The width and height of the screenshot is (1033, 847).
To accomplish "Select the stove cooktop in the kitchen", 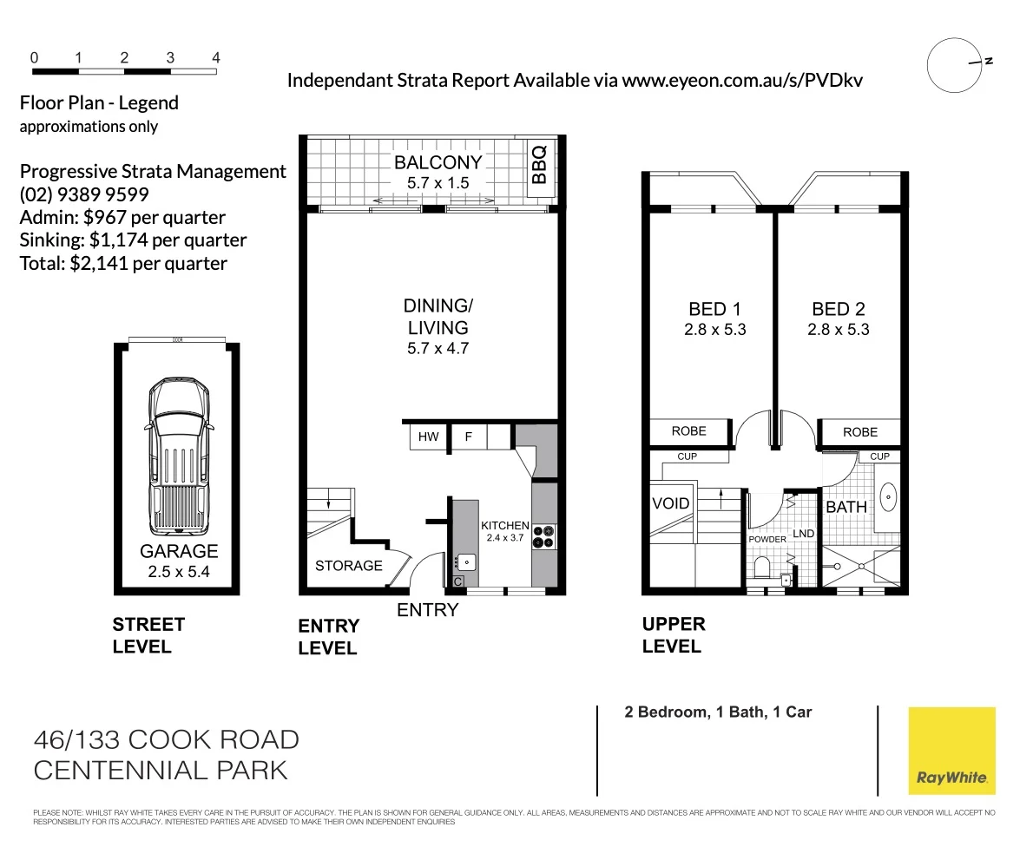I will [544, 537].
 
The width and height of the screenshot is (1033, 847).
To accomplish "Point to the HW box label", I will [429, 437].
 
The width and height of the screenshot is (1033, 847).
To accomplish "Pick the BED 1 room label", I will [715, 309].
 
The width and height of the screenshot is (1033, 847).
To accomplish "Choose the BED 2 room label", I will [838, 309].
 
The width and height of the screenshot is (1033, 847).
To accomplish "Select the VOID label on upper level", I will [670, 503].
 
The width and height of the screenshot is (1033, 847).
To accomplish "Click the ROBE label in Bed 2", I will [859, 431].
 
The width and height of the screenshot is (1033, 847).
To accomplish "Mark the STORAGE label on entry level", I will [348, 566].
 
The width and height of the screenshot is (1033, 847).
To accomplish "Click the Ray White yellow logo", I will [951, 751].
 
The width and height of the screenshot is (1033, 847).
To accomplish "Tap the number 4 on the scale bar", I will [216, 58].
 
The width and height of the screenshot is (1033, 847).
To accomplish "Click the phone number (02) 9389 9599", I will [84, 194].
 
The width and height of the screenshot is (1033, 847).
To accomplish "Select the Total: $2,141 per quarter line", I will [123, 263].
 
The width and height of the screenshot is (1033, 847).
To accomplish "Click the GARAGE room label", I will [179, 551].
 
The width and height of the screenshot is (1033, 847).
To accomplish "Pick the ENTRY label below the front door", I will [427, 610].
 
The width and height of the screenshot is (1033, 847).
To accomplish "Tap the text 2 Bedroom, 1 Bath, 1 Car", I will [718, 712].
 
